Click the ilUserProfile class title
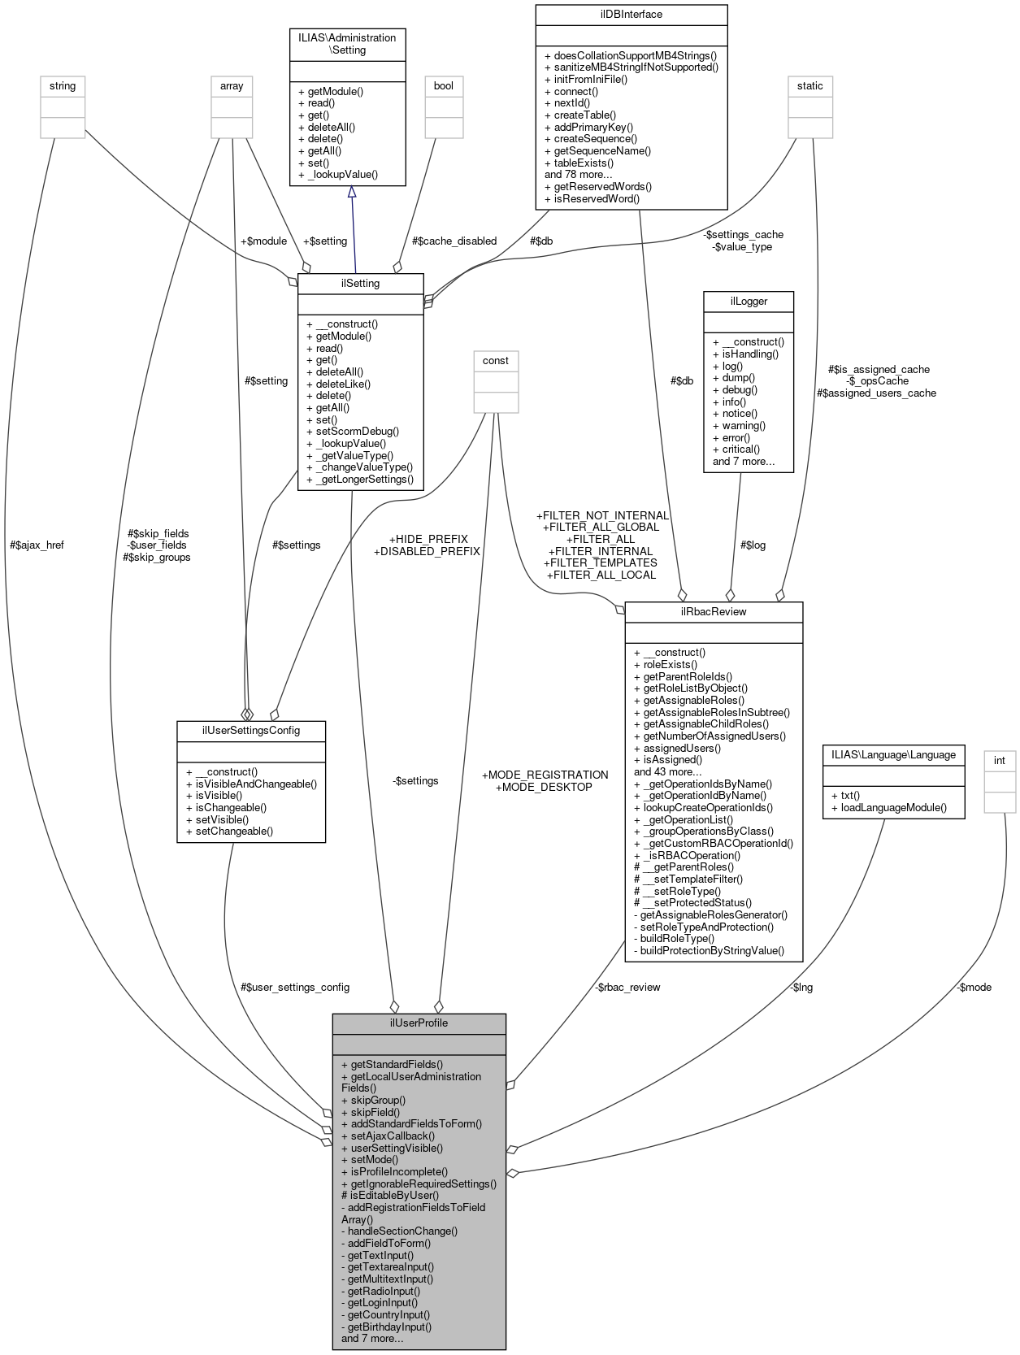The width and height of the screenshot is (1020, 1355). (419, 1023)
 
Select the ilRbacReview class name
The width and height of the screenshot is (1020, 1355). (713, 611)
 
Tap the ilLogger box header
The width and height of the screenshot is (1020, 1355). (748, 301)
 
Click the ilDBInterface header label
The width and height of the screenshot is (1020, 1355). (631, 15)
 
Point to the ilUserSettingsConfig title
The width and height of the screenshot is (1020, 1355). (251, 730)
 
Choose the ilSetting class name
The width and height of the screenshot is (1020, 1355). (360, 284)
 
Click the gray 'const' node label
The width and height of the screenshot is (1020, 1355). (496, 360)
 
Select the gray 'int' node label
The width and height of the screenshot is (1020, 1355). (1000, 760)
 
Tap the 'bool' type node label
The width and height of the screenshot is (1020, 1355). (444, 85)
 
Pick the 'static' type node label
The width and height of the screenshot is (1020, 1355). (809, 85)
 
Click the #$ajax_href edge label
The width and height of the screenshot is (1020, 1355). (37, 545)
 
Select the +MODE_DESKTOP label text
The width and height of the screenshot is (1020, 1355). (544, 787)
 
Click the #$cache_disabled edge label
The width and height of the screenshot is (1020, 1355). (454, 241)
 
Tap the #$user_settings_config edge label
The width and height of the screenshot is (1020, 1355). (295, 987)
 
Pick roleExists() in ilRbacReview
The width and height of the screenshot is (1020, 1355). (671, 664)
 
